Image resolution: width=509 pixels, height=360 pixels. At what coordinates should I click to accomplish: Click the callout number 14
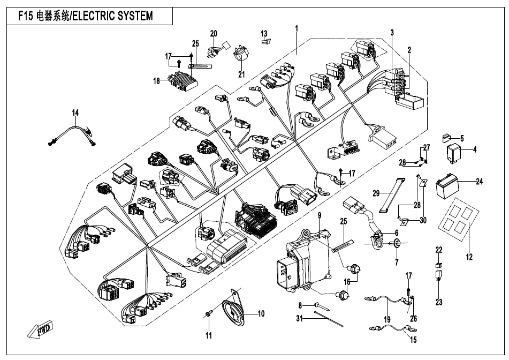(75, 112)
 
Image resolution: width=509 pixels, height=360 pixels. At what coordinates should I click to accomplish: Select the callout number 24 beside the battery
(479, 182)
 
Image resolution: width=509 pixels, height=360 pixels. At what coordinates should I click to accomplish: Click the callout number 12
(469, 257)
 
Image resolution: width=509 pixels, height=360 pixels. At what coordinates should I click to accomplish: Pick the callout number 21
(240, 73)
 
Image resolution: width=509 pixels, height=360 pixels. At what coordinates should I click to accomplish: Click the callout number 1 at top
(297, 27)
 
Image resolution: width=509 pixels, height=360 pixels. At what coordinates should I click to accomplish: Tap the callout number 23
(439, 302)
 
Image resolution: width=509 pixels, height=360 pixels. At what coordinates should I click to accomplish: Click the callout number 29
(376, 192)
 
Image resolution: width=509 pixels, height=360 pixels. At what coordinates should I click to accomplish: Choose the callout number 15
(413, 339)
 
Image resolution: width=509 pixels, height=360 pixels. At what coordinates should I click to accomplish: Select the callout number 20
(214, 34)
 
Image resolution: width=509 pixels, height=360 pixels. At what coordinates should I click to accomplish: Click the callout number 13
(264, 34)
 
